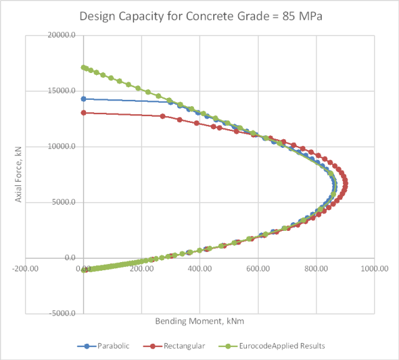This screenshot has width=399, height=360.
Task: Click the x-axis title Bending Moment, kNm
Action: coord(199,322)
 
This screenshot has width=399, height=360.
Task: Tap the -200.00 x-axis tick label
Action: coord(26,269)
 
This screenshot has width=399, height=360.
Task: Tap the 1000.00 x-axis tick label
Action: coord(373,269)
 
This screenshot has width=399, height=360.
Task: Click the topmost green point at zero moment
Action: coord(84,67)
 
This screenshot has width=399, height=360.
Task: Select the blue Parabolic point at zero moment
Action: coord(84,99)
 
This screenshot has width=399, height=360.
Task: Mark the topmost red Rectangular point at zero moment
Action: coord(84,113)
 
